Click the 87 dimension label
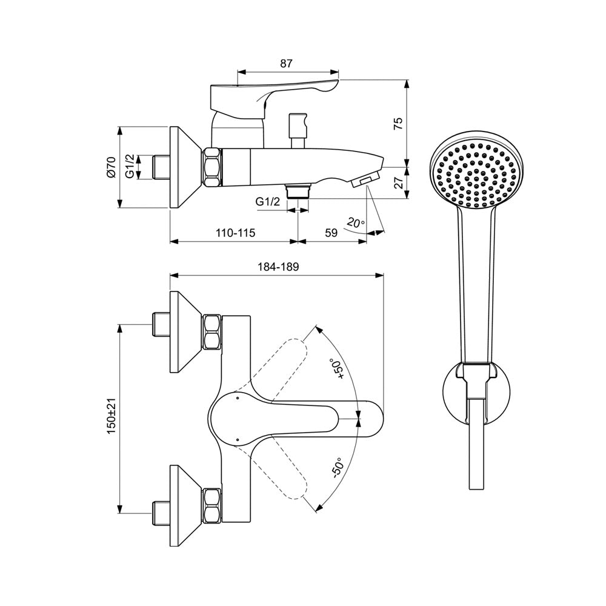coord(286,64)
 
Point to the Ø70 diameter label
coord(111,167)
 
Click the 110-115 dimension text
coord(235,233)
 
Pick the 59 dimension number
coord(331,233)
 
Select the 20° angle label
coord(356,223)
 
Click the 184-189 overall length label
coord(278,267)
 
